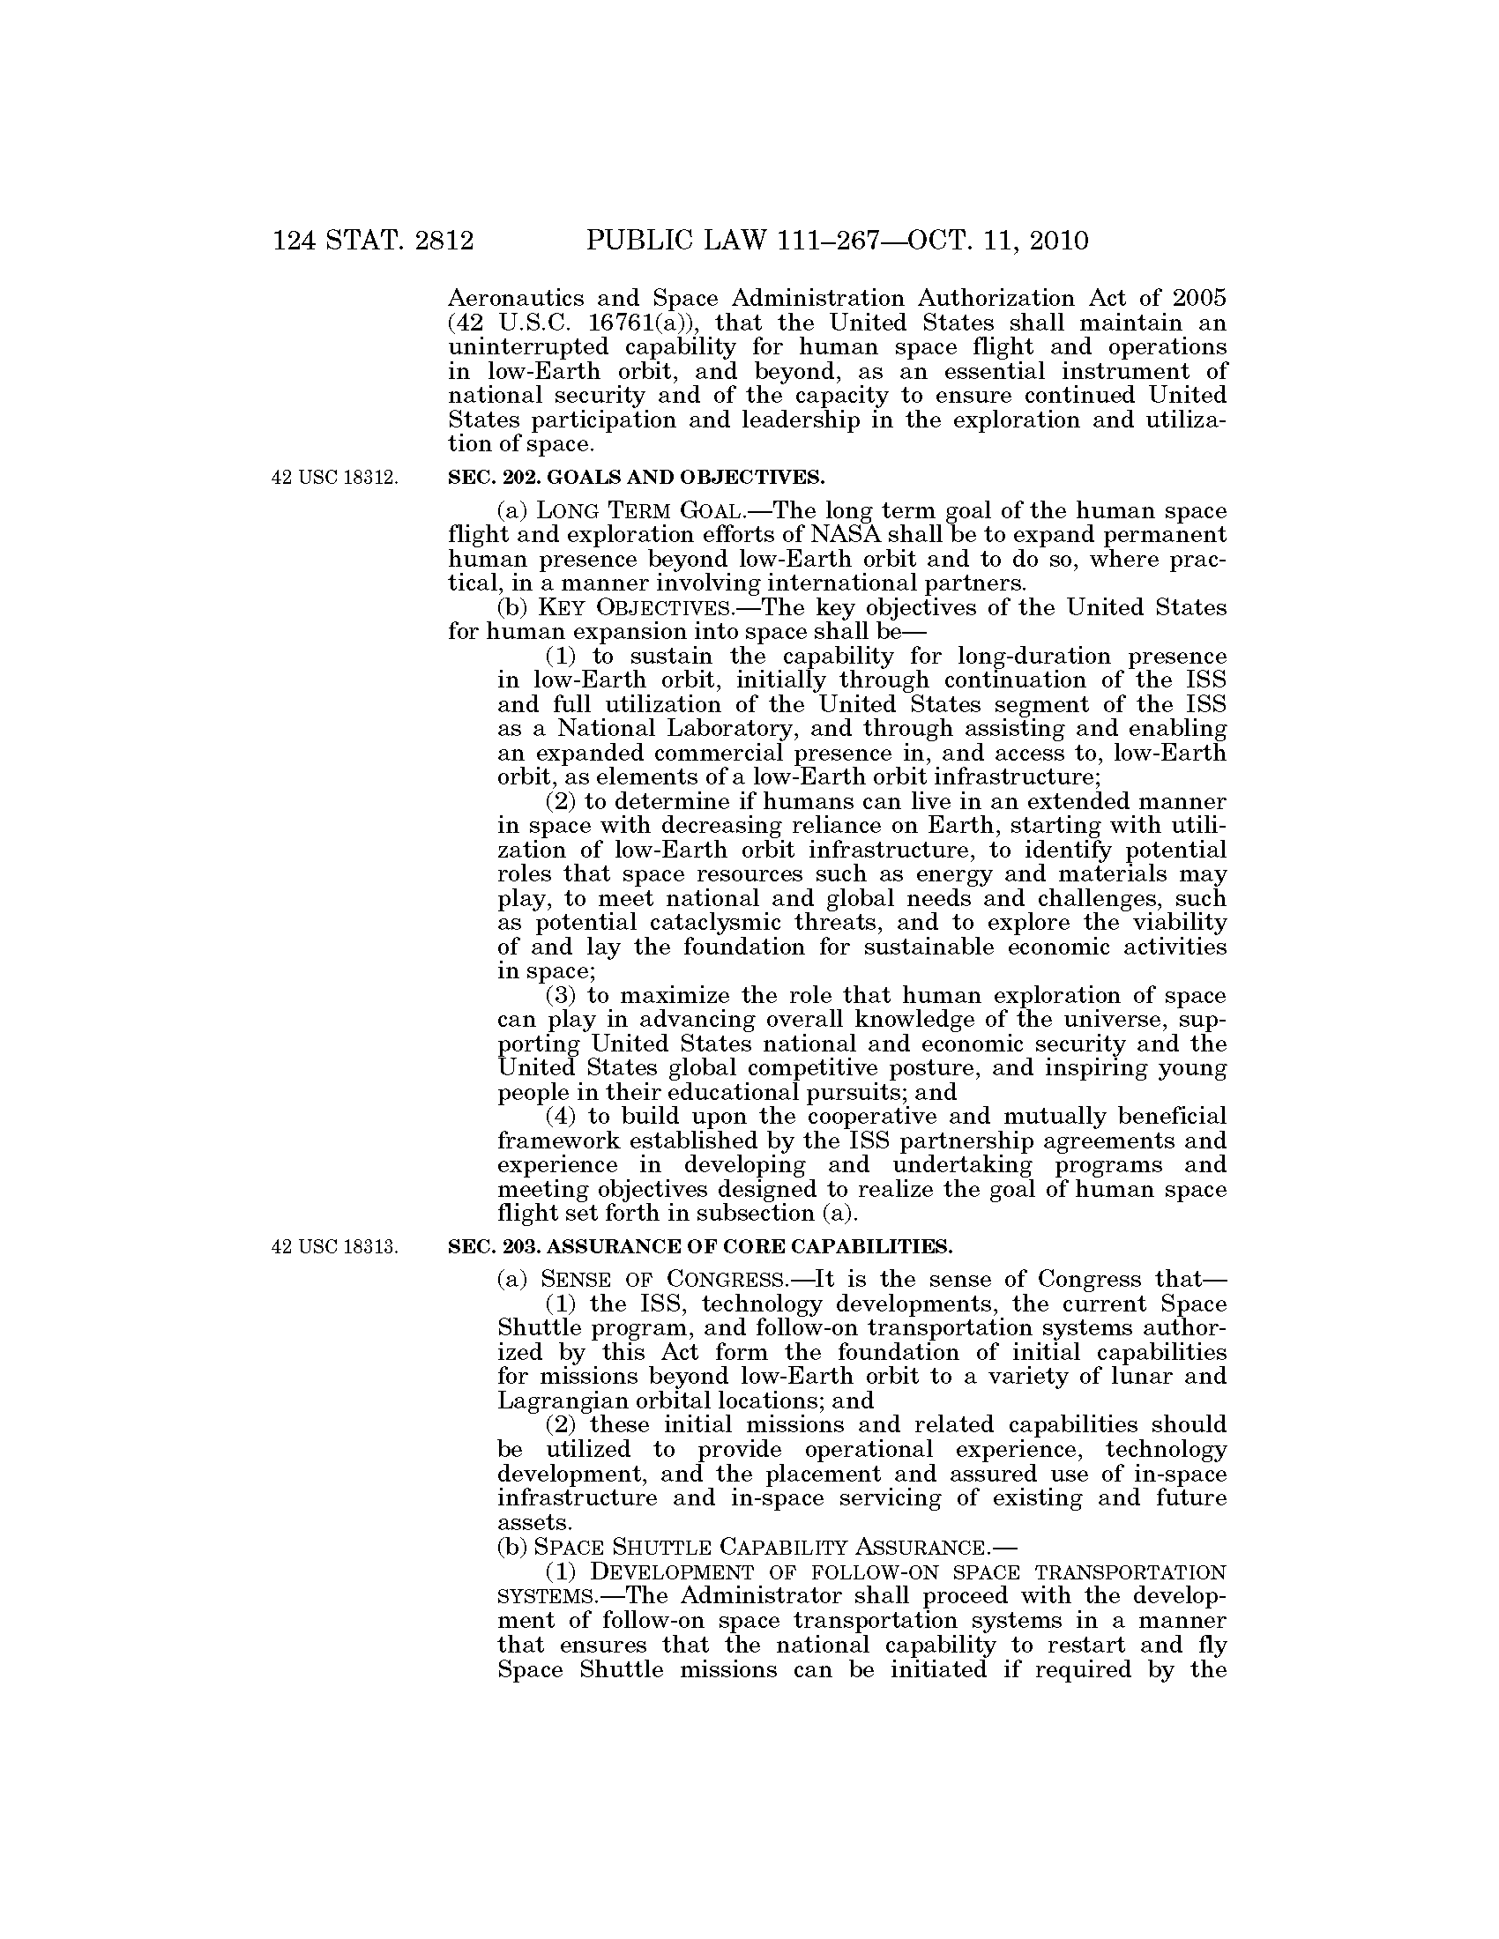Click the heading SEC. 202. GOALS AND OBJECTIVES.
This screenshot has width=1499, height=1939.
pos(636,478)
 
